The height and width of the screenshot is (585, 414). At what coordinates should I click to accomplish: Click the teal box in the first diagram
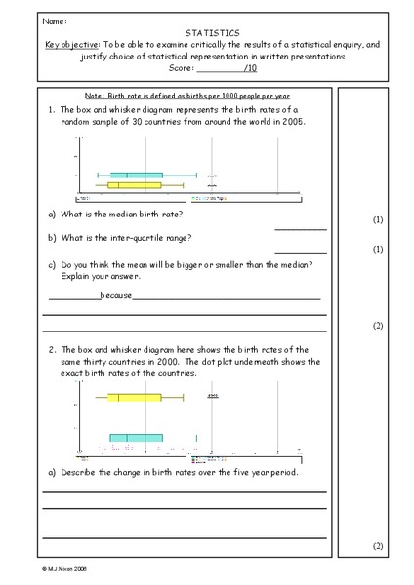[x=136, y=175]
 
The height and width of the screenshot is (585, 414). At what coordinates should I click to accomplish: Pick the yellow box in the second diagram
[x=134, y=397]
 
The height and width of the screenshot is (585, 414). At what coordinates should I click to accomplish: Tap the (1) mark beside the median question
[x=378, y=220]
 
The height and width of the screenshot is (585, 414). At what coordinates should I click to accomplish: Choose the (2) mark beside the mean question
[x=378, y=324]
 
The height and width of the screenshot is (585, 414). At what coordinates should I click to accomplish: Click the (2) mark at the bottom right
[x=378, y=545]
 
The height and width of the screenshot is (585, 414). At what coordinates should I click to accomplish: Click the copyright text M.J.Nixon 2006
[x=67, y=566]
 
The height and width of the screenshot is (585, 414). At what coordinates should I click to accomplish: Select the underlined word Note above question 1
[x=96, y=95]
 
